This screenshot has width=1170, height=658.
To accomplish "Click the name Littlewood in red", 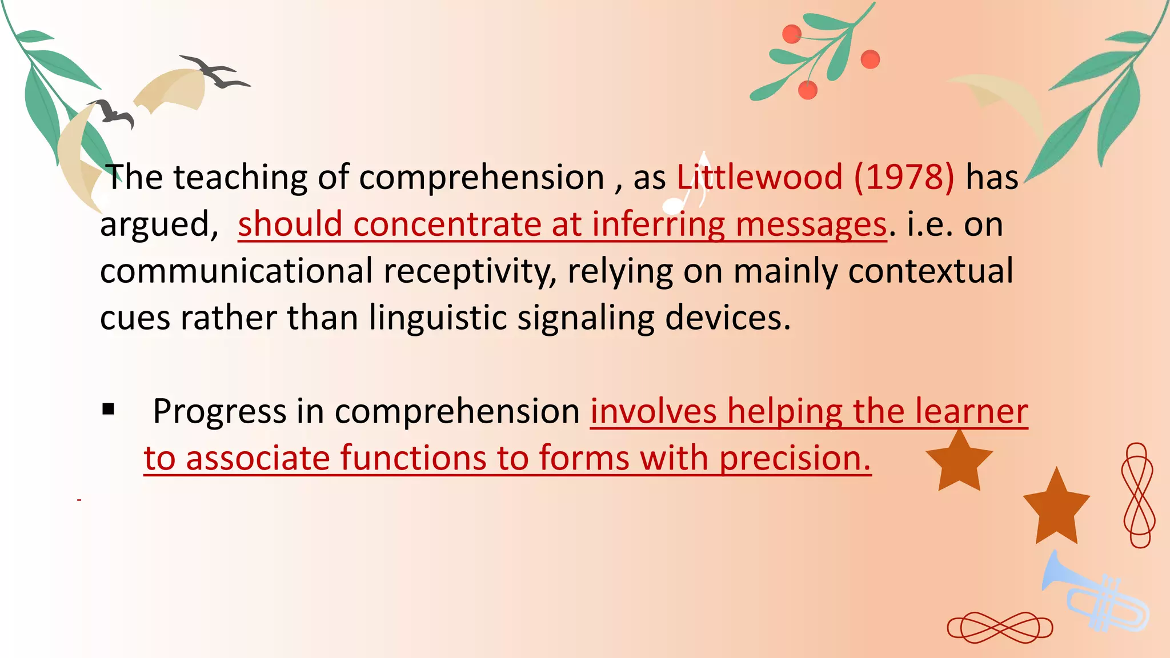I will (x=760, y=177).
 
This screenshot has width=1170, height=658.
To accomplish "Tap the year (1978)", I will (x=904, y=177).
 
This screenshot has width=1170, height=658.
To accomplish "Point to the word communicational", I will (x=237, y=271).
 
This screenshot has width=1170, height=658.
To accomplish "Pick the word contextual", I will (x=931, y=271).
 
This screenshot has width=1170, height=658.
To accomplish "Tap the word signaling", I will (x=586, y=318).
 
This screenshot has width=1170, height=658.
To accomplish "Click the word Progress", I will (x=219, y=411).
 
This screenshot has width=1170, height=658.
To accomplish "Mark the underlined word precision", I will (x=795, y=458).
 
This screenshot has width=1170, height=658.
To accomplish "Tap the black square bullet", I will (x=109, y=410).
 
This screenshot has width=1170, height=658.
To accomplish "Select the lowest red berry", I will (x=807, y=90).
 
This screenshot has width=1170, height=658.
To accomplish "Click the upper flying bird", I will (x=215, y=72).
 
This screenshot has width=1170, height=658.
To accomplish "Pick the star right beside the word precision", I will (x=959, y=462).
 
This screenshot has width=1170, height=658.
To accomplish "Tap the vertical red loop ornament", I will (x=1137, y=495).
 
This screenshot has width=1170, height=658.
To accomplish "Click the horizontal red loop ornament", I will (x=1000, y=628).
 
